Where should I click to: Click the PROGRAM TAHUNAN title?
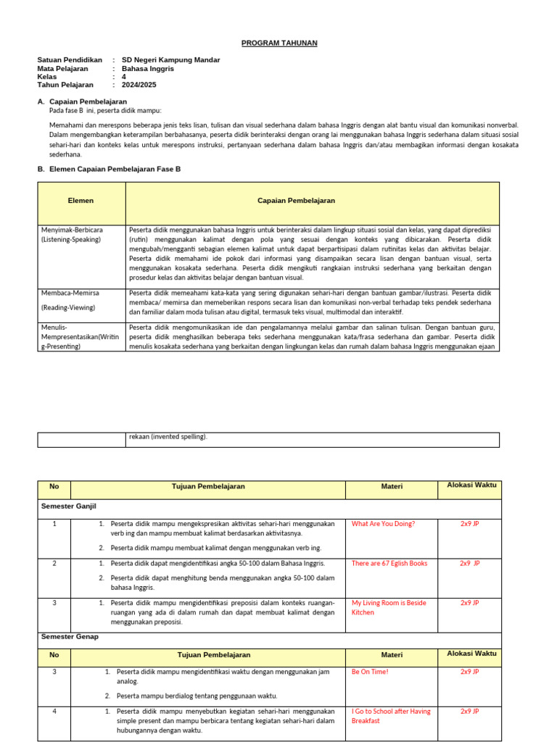point(279,43)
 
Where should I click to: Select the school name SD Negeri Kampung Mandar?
point(170,60)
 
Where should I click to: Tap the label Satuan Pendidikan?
point(70,60)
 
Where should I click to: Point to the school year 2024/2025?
point(139,85)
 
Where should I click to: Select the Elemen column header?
point(81,201)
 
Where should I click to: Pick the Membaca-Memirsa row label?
point(70,293)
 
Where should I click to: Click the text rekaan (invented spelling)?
point(168,437)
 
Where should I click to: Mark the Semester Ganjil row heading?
point(69,506)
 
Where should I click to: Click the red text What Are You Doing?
point(383,523)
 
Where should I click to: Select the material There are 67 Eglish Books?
point(389,563)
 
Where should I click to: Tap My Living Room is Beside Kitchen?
point(389,607)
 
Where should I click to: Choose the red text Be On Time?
point(369,672)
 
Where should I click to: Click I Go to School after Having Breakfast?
point(390,716)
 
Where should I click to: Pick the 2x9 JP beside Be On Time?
point(469,672)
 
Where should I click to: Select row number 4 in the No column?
point(55,712)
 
